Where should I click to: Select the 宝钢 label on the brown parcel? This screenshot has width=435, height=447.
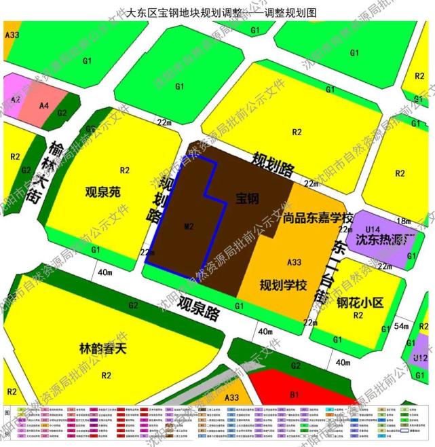point(248,199)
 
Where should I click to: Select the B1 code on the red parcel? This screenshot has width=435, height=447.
point(295,393)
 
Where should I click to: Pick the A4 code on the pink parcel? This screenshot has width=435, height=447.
point(44,106)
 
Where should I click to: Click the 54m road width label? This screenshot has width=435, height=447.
point(401,327)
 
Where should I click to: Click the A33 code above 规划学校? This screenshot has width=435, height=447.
point(294,262)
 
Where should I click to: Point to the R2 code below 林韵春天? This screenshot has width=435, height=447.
point(107,374)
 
